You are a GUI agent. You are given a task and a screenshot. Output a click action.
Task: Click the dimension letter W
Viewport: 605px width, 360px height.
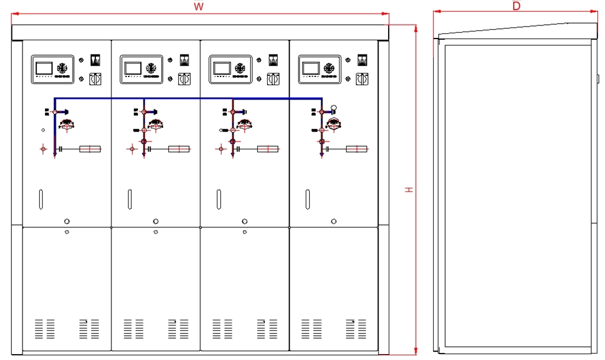click(199, 7)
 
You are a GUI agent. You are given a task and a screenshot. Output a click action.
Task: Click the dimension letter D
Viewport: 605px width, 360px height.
click(516, 6)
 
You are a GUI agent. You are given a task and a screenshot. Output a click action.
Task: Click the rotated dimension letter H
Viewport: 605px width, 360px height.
click(409, 189)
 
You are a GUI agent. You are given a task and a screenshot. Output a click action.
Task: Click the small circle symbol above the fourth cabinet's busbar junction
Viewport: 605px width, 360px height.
click(334, 108)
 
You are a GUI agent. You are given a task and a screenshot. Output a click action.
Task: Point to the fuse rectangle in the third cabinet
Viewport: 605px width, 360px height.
click(268, 149)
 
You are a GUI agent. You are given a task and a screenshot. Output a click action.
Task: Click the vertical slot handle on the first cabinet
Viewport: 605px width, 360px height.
click(40, 199)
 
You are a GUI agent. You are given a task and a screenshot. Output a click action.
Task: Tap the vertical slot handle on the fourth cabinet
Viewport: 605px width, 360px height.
click(308, 199)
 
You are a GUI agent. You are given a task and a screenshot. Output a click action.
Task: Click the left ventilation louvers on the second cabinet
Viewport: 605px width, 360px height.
click(133, 329)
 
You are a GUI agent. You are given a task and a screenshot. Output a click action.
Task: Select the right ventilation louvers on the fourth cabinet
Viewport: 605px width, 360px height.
click(356, 329)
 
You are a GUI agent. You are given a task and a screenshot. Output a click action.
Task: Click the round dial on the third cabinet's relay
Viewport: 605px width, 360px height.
click(240, 67)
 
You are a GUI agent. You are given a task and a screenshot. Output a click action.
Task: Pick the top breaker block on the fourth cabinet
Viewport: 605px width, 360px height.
click(362, 60)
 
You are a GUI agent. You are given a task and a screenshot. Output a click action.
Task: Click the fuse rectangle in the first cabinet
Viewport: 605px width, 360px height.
click(89, 149)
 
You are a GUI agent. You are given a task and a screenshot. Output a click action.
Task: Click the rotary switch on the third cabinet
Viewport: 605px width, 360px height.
click(273, 78)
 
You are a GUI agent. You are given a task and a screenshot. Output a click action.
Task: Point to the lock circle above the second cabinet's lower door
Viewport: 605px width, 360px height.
click(155, 221)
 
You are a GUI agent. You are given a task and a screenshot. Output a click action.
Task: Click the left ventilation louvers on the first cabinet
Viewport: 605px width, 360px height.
click(44, 329)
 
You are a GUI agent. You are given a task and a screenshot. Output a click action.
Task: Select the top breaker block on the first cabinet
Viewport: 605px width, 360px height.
click(94, 60)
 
